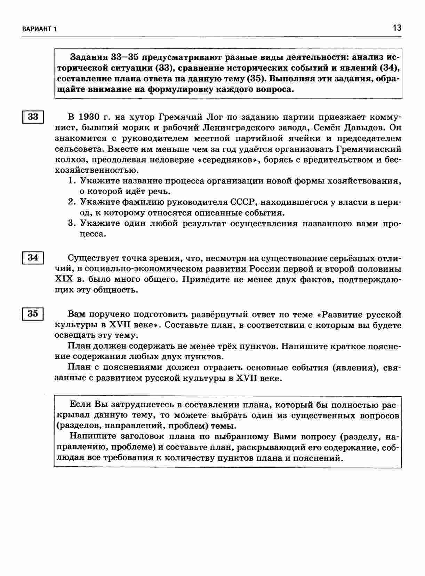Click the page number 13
(x=397, y=28)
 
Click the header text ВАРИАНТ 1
(x=39, y=29)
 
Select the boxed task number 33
(x=33, y=117)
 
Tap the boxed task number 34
(x=33, y=258)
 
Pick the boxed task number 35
(x=33, y=314)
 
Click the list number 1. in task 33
(x=72, y=181)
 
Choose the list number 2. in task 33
(x=72, y=202)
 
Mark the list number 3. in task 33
(x=72, y=223)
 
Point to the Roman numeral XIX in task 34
(x=63, y=279)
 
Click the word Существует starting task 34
(x=91, y=258)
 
